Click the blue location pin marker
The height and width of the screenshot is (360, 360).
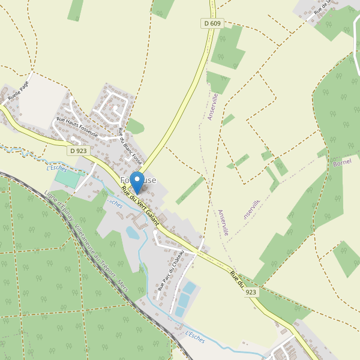pos(137,181)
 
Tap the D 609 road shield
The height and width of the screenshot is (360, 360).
pos(211,23)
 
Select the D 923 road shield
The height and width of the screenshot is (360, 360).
pos(78,151)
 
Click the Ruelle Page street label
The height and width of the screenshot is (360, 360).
pos(18,91)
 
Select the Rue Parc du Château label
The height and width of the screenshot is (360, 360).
pos(169,271)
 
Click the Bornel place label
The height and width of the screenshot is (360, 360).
pos(341,163)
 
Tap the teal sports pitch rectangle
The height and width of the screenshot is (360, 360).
pos(69,179)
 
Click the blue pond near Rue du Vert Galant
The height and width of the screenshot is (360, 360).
pos(133,232)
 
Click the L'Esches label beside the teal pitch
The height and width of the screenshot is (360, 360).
pos(57,168)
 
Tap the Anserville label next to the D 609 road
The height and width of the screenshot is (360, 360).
pos(212,106)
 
